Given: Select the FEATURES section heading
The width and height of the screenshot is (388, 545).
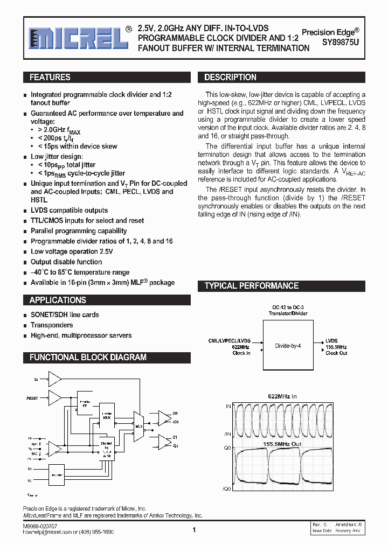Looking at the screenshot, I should coord(50,78).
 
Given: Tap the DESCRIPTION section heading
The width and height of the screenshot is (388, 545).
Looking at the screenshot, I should coord(230,78).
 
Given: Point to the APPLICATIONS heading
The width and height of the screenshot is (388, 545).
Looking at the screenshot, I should coord(58,300).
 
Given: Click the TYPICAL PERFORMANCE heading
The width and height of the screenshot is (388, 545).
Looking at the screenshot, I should coord(251,286).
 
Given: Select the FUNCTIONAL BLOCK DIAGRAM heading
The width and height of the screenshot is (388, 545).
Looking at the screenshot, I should coord(88,357).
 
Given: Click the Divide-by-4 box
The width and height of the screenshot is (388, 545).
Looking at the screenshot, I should coord(287,346).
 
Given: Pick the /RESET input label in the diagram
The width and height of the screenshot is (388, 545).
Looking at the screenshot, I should coord(32,399).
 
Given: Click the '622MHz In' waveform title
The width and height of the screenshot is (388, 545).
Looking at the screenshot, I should coord(282,396).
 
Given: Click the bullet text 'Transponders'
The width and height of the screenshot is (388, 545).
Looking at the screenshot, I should coord(52,325).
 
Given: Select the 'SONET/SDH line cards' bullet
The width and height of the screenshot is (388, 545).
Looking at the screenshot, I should coord(65,315).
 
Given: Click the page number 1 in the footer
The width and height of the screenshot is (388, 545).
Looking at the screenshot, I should coord(193,530).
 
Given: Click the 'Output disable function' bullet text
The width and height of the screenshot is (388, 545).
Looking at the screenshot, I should coord(66,262).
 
